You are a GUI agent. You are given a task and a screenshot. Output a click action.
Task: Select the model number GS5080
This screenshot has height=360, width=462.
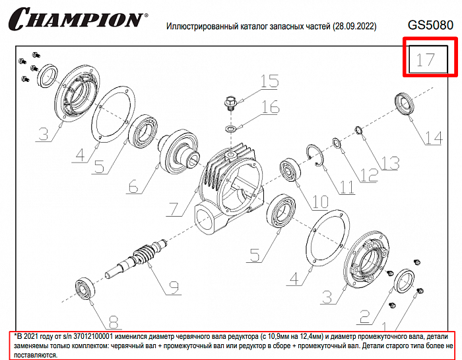click(x=430, y=25)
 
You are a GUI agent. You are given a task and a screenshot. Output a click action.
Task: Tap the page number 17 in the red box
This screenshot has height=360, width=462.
click(x=426, y=60)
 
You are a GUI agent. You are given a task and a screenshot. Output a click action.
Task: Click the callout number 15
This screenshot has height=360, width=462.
click(x=269, y=81)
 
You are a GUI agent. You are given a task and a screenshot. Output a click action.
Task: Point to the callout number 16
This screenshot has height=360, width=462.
click(x=270, y=107)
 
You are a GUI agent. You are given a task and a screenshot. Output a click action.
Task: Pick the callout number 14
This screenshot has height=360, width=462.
click(x=434, y=137)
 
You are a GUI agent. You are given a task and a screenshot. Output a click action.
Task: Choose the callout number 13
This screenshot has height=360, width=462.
click(x=390, y=163)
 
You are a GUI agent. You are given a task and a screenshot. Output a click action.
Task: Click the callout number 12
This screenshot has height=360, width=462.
click(x=369, y=175)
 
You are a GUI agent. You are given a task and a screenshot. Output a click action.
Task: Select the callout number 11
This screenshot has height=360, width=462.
click(x=346, y=187)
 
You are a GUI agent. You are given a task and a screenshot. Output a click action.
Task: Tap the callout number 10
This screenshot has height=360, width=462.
click(x=320, y=202)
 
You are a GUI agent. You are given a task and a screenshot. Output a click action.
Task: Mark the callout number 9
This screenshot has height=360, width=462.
click(x=174, y=287)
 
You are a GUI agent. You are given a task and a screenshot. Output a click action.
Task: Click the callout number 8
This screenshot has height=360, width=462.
click(x=114, y=322)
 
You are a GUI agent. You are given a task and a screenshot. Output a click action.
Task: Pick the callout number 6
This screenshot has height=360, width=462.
click(x=133, y=186)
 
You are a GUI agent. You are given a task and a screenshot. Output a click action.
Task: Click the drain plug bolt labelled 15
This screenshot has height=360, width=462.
click(x=230, y=103)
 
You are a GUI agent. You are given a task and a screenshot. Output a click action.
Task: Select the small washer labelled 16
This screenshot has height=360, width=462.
click(x=230, y=129)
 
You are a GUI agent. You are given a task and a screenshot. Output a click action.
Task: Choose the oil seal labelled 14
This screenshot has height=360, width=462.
click(x=404, y=104)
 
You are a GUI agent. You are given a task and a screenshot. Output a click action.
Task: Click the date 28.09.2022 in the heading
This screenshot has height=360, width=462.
click(x=354, y=26)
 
